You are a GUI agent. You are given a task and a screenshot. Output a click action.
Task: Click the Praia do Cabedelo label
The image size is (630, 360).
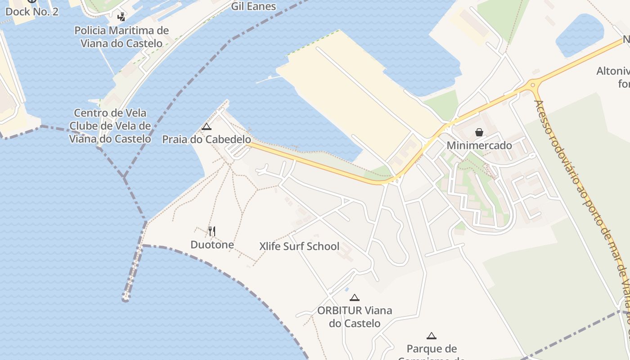click(x=207, y=139)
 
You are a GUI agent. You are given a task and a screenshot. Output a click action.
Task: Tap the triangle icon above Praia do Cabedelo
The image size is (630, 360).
click(x=207, y=127)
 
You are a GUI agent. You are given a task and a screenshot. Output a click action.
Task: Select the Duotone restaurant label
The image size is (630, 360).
click(x=212, y=245)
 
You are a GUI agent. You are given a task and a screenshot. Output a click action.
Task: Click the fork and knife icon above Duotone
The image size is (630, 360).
click(x=212, y=231)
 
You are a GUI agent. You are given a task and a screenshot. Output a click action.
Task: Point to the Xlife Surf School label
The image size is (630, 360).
click(x=299, y=246)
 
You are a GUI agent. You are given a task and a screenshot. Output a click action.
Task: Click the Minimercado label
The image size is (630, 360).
click(x=479, y=145)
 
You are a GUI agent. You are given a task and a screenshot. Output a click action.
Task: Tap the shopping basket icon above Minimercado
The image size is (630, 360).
click(x=479, y=132)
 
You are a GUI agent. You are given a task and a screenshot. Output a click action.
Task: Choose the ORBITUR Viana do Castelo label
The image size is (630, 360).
click(x=355, y=317)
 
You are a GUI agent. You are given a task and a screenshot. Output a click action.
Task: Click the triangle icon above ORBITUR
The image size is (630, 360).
click(x=355, y=297)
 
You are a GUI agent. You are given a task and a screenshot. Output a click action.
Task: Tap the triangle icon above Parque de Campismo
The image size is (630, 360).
click(x=432, y=336)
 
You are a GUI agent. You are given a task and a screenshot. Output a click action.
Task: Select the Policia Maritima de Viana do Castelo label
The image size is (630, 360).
click(x=121, y=37)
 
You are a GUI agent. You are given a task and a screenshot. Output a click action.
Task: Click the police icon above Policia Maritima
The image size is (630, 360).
click(x=121, y=17)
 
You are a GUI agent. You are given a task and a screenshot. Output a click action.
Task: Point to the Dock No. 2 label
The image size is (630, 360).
click(x=31, y=12)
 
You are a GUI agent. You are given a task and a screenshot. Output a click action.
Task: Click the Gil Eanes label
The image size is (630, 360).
click(x=253, y=6)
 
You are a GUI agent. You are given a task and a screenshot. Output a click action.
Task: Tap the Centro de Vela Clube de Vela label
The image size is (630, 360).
click(x=110, y=126)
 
